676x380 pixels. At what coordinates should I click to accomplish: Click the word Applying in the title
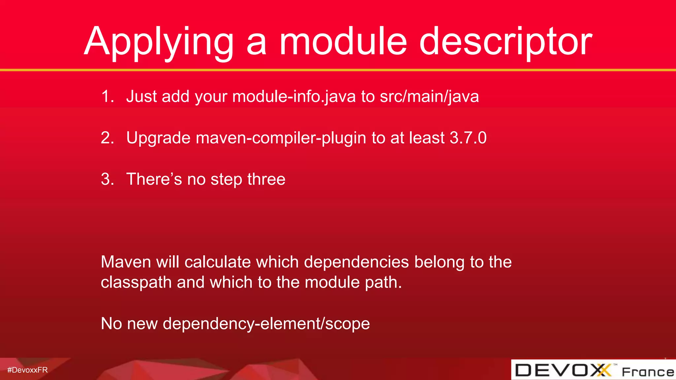pos(158,42)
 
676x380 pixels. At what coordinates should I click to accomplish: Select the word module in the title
pos(343,42)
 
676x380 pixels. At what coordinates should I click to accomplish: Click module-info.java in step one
pos(294,97)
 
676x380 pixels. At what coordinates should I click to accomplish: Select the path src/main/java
pos(429,97)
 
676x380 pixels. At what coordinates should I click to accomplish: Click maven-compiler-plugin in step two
pos(281,138)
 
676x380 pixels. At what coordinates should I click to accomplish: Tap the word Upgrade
pos(158,138)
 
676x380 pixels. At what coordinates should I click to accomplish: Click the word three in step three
pos(266,179)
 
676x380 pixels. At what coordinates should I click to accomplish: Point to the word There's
pos(154,179)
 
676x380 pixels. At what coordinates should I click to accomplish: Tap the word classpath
pos(136,283)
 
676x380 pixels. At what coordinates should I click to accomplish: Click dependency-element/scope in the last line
pos(266,324)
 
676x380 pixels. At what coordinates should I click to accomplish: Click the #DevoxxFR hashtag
pos(27,370)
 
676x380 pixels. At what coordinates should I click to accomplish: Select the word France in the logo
pos(648,372)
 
